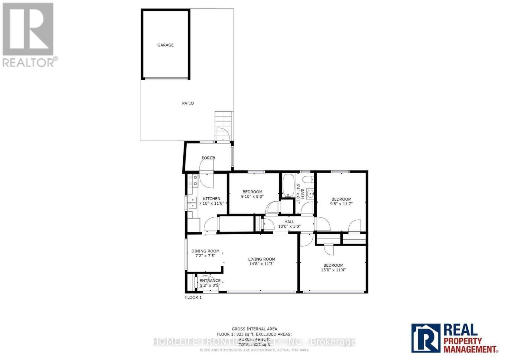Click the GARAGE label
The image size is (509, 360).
(165, 45)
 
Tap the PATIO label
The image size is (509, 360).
(188, 103)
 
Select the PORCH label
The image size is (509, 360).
(208, 158)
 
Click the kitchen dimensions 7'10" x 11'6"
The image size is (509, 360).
(212, 203)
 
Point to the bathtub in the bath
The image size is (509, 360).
(288, 186)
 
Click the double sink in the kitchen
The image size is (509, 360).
(192, 203)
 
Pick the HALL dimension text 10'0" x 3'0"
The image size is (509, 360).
(289, 226)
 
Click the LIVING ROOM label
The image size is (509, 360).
(261, 259)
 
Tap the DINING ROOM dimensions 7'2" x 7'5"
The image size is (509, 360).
(205, 255)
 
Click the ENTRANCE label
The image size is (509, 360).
(210, 281)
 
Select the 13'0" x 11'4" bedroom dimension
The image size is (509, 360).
(333, 270)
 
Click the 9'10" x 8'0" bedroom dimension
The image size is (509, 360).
(252, 196)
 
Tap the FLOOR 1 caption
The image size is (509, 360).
(193, 297)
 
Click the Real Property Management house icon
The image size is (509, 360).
(426, 338)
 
